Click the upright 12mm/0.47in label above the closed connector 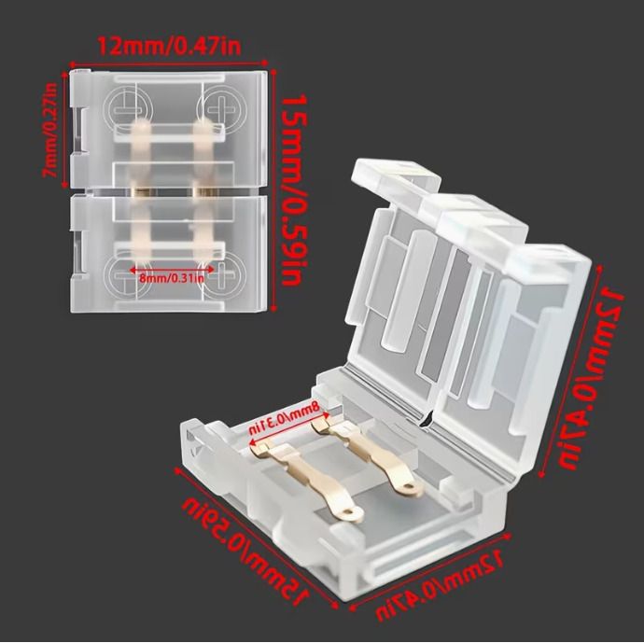pos(169,47)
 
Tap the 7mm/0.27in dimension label pos(50,130)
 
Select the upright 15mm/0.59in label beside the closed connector pos(295,189)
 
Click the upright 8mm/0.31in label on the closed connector pos(172,278)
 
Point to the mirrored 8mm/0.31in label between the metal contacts pos(285,417)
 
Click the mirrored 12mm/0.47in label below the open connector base pos(439,586)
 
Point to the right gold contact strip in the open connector pos(368,454)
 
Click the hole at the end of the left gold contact pos(350,512)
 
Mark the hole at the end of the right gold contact pos(409,487)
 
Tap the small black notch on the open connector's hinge pos(426,420)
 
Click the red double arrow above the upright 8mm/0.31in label pos(172,270)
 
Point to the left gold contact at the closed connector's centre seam pos(141,191)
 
